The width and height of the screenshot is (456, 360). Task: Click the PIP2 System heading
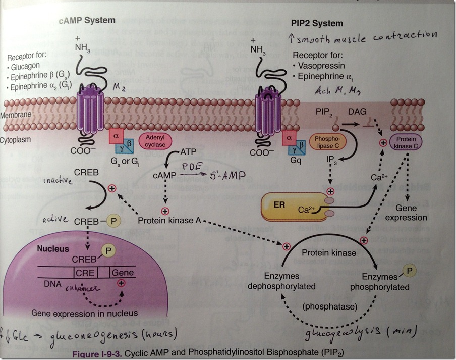(317, 23)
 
